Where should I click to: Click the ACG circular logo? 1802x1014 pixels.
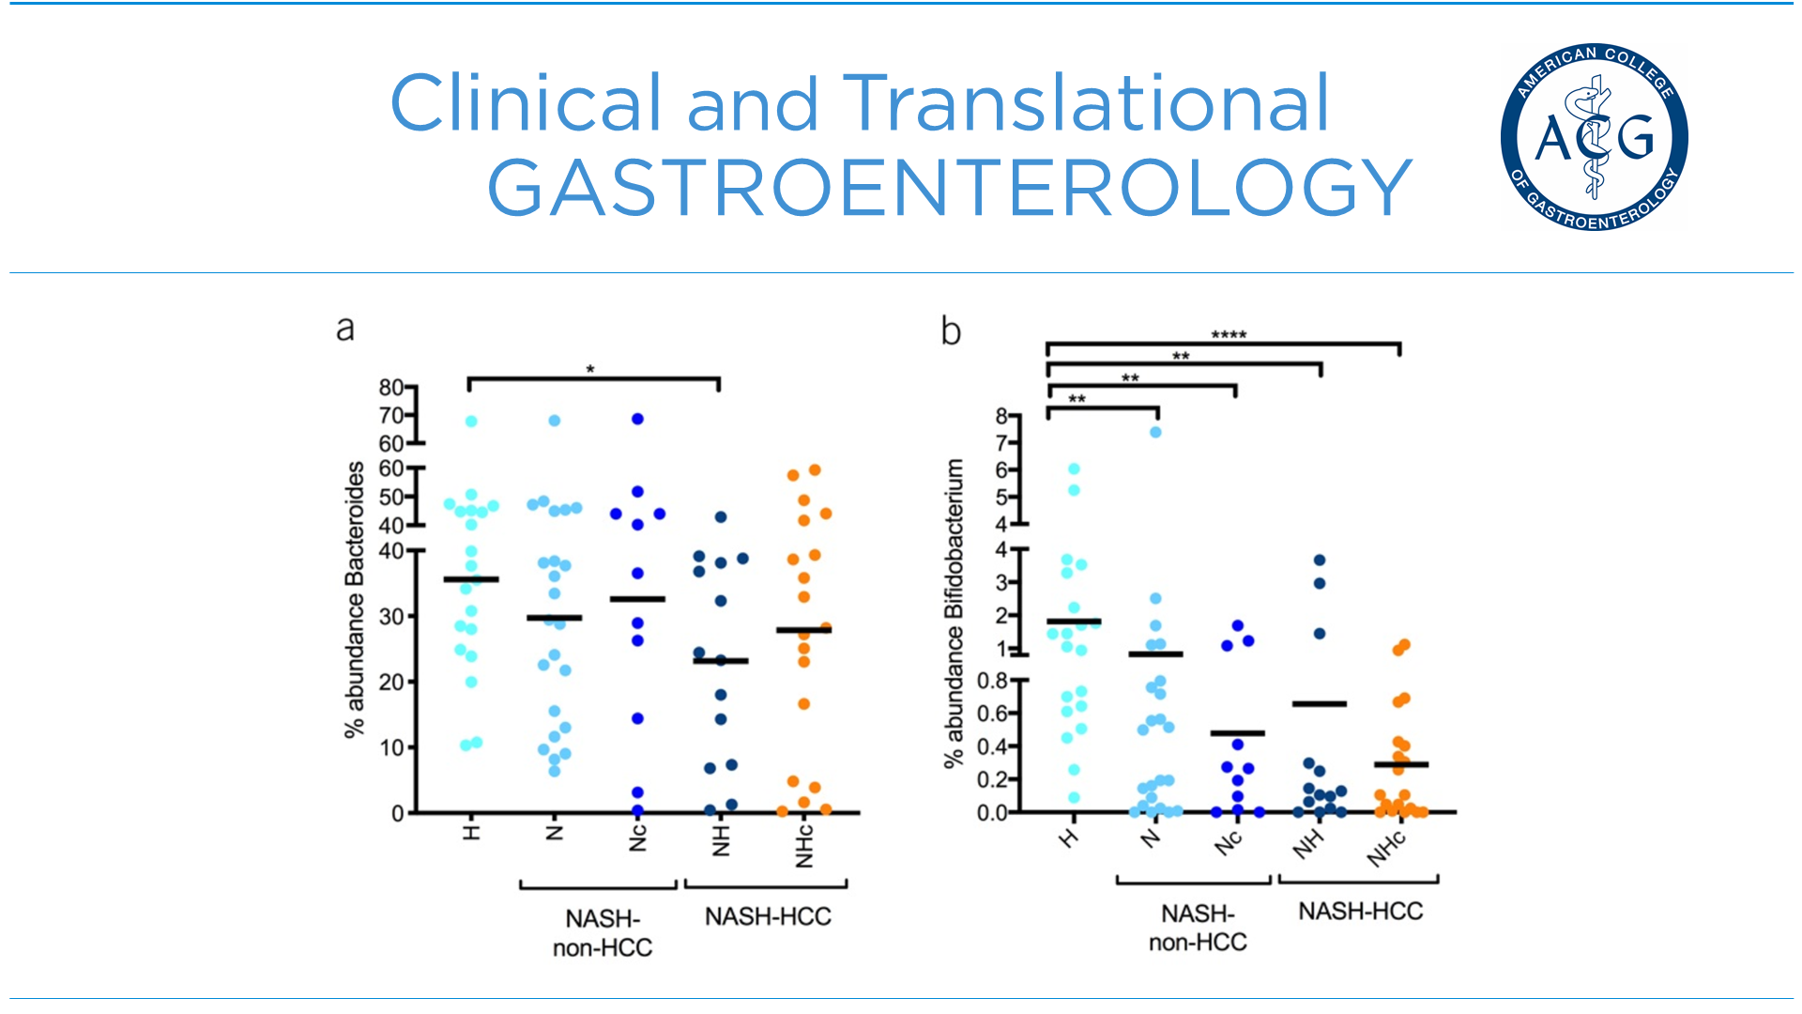1594,137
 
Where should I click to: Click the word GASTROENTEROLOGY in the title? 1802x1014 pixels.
949,188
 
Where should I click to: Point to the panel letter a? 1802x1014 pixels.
345,329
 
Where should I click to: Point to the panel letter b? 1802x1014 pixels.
951,331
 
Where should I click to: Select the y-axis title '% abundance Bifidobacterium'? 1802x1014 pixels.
954,613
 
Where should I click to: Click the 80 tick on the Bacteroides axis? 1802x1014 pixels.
390,388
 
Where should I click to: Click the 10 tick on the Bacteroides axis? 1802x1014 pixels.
390,748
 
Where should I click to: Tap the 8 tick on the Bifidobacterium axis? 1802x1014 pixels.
1001,416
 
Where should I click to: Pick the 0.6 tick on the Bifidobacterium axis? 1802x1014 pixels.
992,714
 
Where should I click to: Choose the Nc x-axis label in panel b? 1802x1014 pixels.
1229,842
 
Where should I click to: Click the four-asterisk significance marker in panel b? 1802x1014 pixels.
1229,335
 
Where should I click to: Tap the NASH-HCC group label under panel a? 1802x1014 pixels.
768,916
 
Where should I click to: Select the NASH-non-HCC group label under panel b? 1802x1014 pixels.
1198,928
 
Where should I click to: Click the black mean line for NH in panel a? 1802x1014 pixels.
721,661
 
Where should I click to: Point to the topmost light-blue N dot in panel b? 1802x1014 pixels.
1156,432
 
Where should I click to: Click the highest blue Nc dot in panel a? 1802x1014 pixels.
637,419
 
